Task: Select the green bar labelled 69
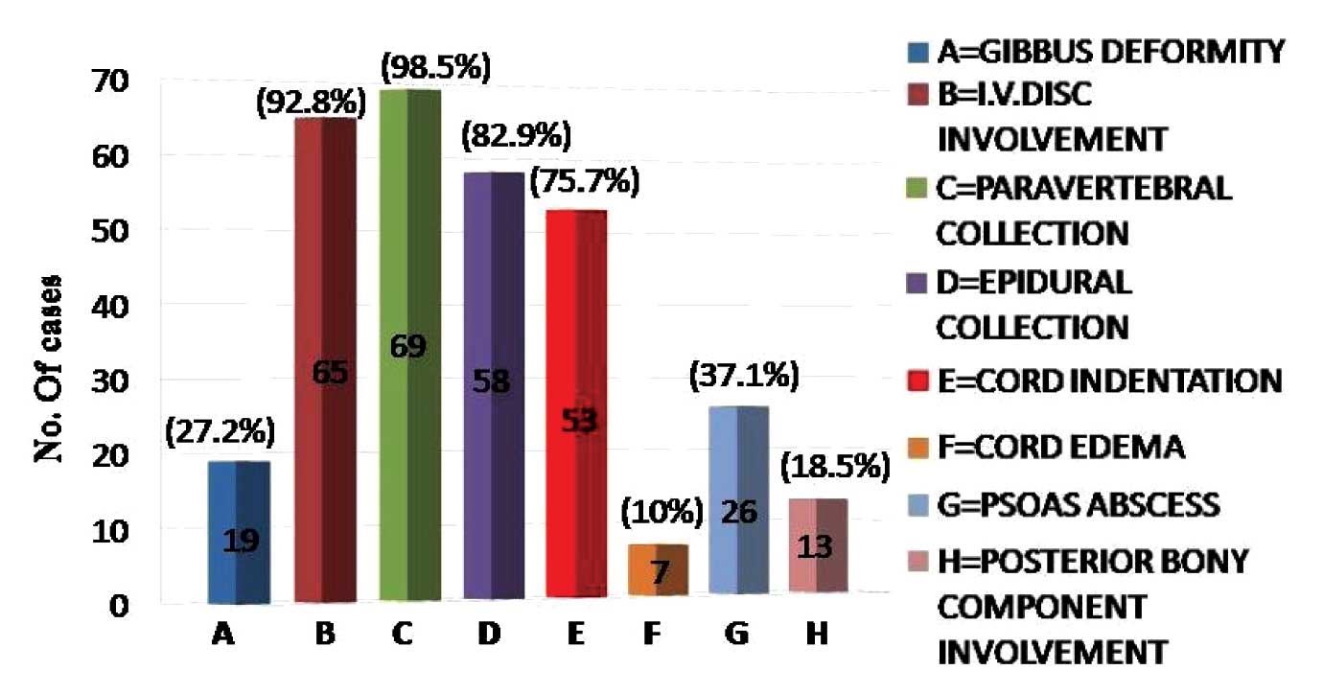[409, 345]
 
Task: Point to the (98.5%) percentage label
[435, 68]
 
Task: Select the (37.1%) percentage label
[743, 377]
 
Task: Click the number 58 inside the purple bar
[492, 384]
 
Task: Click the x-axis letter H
[818, 635]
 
